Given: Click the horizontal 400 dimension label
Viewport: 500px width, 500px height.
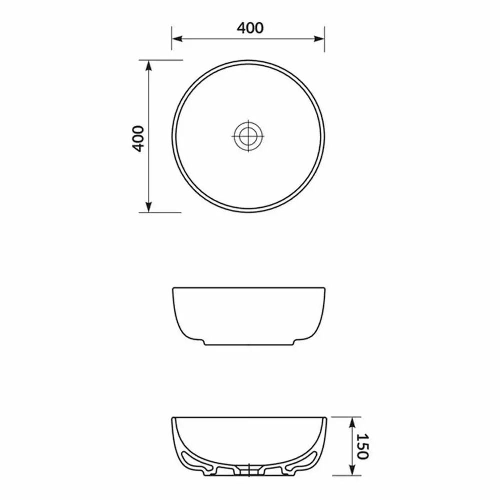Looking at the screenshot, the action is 250,28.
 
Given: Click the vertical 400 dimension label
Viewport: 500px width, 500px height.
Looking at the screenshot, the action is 138,139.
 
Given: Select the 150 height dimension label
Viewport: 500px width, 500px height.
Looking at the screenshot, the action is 362,446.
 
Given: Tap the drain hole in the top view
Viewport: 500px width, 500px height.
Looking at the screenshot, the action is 248,136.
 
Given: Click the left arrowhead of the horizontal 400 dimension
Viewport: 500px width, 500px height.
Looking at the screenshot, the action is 177,39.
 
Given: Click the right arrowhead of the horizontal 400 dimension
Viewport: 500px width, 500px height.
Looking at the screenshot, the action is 319,39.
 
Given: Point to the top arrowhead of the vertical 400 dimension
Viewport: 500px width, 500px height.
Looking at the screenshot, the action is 148,65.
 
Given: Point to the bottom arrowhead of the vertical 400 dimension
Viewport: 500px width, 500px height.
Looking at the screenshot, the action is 148,207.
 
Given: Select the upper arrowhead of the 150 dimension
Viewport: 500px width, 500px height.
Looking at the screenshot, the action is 352,423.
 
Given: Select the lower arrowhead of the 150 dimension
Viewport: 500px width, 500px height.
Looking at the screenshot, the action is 352,470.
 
